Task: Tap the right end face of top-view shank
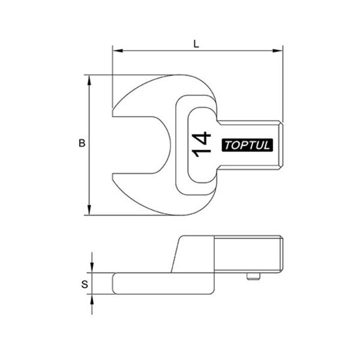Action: [281, 144]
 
